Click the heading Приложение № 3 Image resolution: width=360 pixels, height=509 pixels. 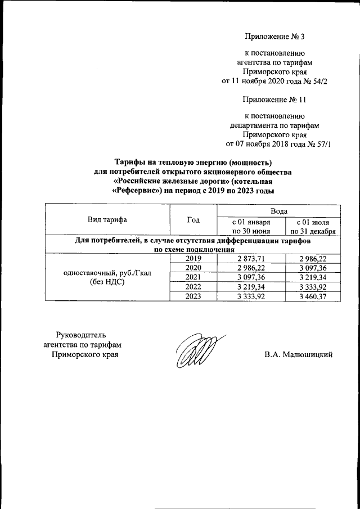275,37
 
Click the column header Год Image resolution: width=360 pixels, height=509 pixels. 193,219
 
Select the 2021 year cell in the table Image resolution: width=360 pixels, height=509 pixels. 193,277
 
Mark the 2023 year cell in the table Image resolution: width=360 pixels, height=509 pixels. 193,296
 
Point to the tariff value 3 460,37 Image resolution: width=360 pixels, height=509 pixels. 313,296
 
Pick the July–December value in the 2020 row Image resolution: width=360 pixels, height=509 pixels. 313,268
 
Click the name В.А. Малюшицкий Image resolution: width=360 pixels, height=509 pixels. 299,354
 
